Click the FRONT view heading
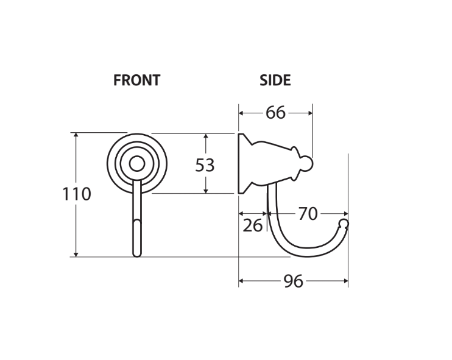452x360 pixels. (136, 80)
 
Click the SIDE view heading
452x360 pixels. (275, 80)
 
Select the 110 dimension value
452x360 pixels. (77, 194)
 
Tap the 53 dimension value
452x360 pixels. (205, 164)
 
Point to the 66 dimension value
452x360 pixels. (275, 113)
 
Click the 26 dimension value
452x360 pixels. (253, 225)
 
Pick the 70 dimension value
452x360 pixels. (308, 214)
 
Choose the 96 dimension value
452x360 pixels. (294, 281)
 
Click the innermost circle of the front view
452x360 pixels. (137, 163)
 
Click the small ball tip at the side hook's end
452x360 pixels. (344, 224)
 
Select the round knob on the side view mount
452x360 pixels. (308, 163)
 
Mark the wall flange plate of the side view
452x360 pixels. (241, 163)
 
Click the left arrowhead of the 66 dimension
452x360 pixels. (241, 113)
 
